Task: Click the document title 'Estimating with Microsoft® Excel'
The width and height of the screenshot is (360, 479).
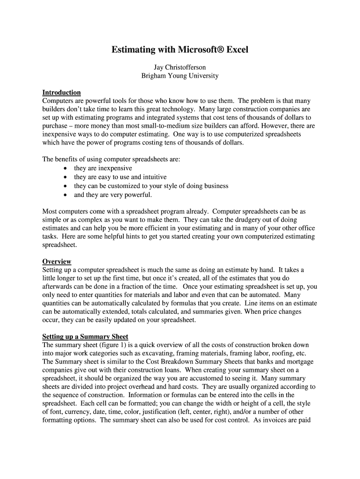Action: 180,50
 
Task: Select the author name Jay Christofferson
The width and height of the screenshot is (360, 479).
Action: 180,67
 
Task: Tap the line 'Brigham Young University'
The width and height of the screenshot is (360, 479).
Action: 180,76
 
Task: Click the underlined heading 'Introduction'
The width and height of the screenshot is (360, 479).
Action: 61,93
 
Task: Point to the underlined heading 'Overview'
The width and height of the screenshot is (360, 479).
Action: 57,261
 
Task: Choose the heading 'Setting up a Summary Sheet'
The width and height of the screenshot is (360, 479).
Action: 85,336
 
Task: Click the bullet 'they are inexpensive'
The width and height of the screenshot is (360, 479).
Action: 103,168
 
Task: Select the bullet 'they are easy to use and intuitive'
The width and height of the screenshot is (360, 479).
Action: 120,177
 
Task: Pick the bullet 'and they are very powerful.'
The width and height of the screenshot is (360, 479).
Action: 113,195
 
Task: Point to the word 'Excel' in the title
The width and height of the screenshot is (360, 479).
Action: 238,50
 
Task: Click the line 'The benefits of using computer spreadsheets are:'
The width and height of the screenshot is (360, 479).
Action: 111,160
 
